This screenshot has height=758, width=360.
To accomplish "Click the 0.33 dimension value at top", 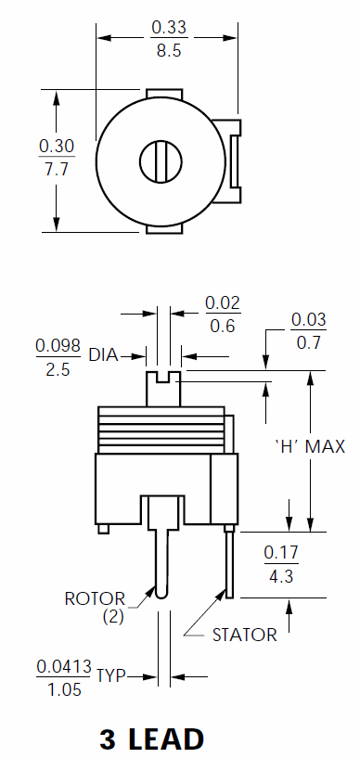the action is click(169, 27).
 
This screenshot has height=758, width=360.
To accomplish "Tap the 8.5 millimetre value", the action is click(169, 50).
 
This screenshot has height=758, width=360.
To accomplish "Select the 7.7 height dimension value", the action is click(57, 170).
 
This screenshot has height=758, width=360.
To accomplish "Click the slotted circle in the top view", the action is click(161, 161).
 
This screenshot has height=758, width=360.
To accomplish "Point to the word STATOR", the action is click(245, 635).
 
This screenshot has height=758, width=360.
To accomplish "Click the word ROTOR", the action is click(95, 599).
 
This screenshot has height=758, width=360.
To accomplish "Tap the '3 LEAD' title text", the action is click(152, 739).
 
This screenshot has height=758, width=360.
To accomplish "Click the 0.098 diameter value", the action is click(58, 346).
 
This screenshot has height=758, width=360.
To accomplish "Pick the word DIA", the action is click(103, 355).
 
